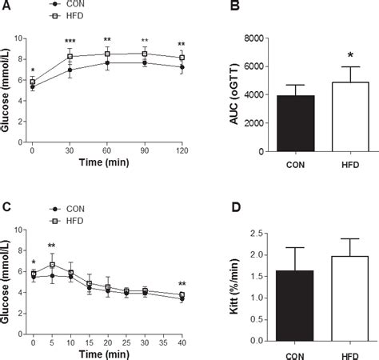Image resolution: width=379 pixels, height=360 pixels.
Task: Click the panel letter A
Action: (x=6, y=6)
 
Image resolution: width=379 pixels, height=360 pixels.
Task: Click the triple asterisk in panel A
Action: (x=70, y=40)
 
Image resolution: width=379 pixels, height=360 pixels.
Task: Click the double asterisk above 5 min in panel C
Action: (x=51, y=246)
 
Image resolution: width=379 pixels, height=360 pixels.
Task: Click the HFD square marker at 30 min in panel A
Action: (x=70, y=57)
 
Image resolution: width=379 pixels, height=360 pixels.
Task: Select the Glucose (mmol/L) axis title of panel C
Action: (x=6, y=286)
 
